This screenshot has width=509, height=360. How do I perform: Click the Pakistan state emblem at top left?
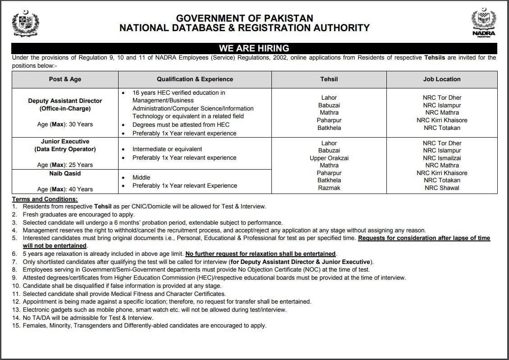pos(25,24)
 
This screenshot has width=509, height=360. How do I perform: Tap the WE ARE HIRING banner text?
pos(254,48)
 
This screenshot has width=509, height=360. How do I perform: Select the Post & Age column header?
pos(65,79)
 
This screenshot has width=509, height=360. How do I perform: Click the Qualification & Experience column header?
pos(195,79)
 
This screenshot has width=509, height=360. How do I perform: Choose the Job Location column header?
pos(442,79)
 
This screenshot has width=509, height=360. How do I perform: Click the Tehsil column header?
pos(329,79)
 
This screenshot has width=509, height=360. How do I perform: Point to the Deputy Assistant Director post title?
pos(65,101)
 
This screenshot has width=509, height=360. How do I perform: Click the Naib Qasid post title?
pos(65,173)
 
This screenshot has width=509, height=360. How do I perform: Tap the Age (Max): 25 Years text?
pos(65,165)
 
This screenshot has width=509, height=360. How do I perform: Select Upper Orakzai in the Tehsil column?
pos(329,158)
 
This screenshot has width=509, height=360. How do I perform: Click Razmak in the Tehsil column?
pos(329,188)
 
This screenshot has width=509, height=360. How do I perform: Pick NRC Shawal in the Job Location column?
pos(442,188)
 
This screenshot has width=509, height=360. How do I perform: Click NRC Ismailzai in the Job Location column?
pos(442,158)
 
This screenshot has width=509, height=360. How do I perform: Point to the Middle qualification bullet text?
pos(141,177)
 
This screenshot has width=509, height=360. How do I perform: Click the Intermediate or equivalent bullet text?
pos(167,149)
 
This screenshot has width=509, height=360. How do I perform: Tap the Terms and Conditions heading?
pos(45,199)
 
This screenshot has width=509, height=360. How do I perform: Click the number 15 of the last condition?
pos(16,325)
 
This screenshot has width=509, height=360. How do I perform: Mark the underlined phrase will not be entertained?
pos(55,246)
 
